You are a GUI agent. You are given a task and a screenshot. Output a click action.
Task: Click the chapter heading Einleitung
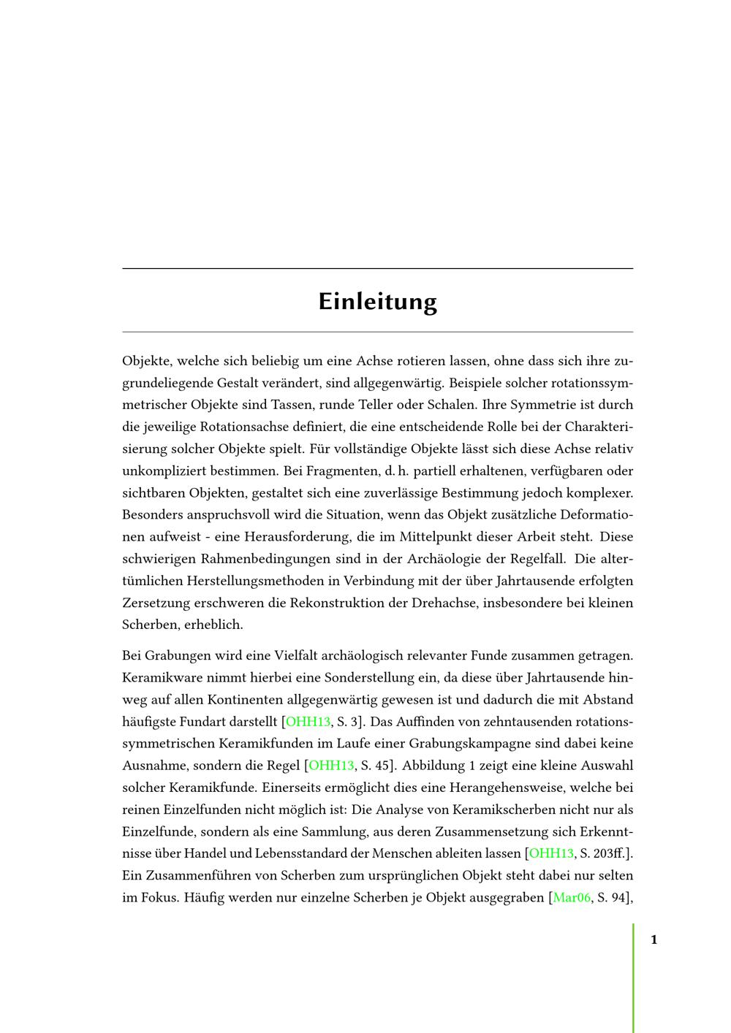(377, 302)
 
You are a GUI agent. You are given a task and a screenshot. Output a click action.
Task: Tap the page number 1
(654, 939)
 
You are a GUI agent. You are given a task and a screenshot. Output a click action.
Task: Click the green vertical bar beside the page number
(633, 979)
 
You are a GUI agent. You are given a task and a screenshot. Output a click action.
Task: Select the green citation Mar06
(571, 897)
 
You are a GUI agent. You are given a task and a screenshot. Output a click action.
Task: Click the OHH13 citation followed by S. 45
(331, 766)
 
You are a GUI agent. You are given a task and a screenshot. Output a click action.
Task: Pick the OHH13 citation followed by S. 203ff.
(551, 853)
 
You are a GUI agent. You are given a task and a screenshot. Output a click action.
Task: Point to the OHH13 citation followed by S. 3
(308, 722)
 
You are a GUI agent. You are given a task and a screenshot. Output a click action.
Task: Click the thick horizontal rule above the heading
(377, 269)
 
